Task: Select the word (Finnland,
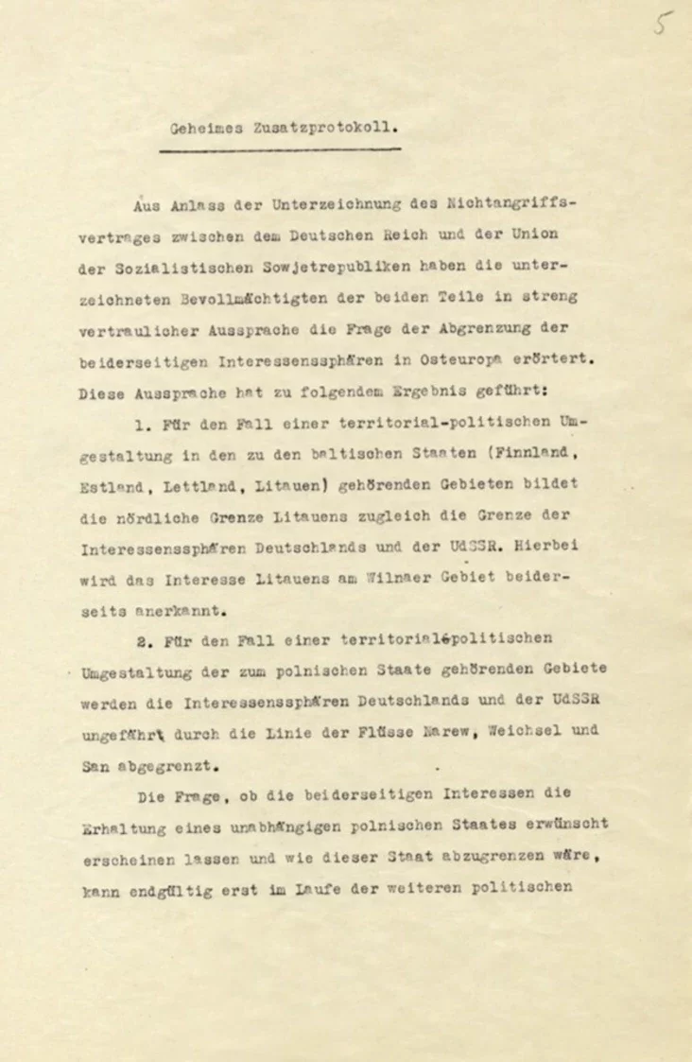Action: click(x=534, y=453)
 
